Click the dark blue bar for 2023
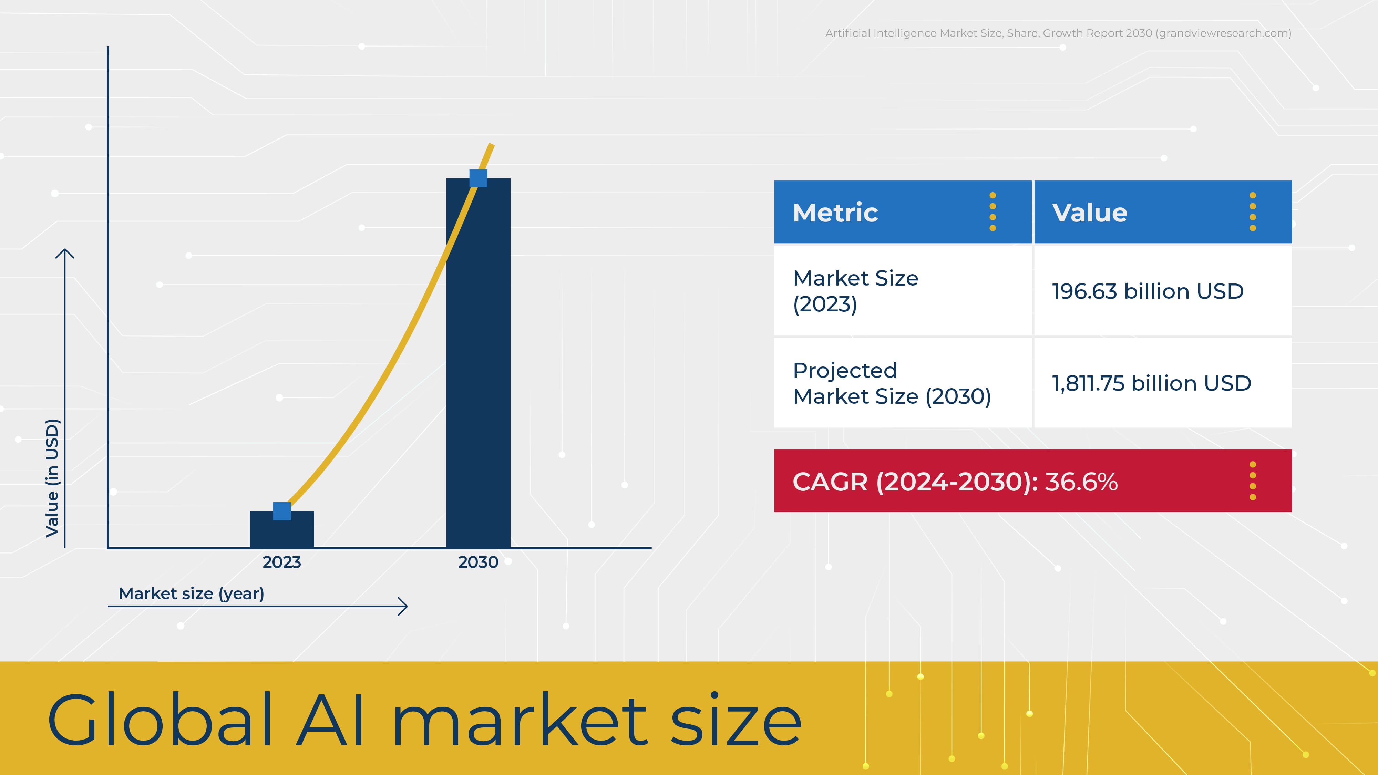tap(282, 529)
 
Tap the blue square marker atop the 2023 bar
tap(282, 511)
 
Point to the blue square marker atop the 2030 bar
tap(478, 178)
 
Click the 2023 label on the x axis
tap(282, 562)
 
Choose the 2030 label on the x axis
tap(478, 562)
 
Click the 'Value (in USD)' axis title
tap(52, 478)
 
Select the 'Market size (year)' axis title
tap(192, 594)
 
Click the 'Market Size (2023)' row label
tap(855, 291)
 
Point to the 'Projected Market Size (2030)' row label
tap(892, 383)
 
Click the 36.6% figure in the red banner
tap(1081, 482)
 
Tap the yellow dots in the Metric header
tap(993, 212)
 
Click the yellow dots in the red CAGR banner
tap(1253, 481)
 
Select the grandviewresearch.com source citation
tap(1058, 33)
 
